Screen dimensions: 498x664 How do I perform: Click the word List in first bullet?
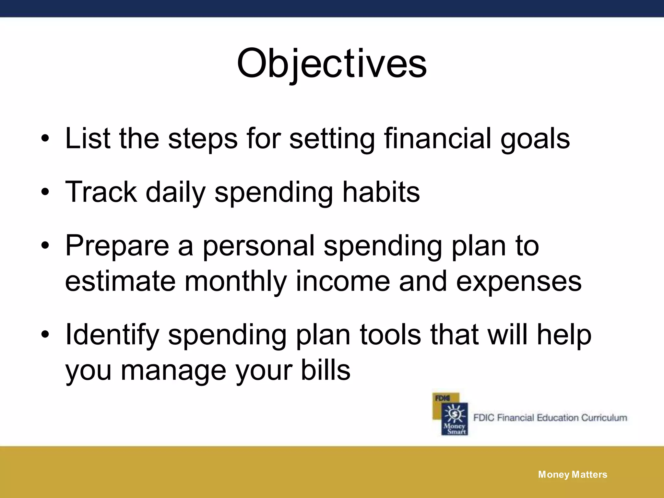(88, 138)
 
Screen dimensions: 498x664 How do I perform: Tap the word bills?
(326, 370)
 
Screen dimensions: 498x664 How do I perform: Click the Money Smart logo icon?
(451, 414)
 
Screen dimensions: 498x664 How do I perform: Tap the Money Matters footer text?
(573, 475)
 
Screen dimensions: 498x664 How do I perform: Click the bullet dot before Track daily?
(45, 193)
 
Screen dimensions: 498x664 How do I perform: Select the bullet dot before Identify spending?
(45, 335)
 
